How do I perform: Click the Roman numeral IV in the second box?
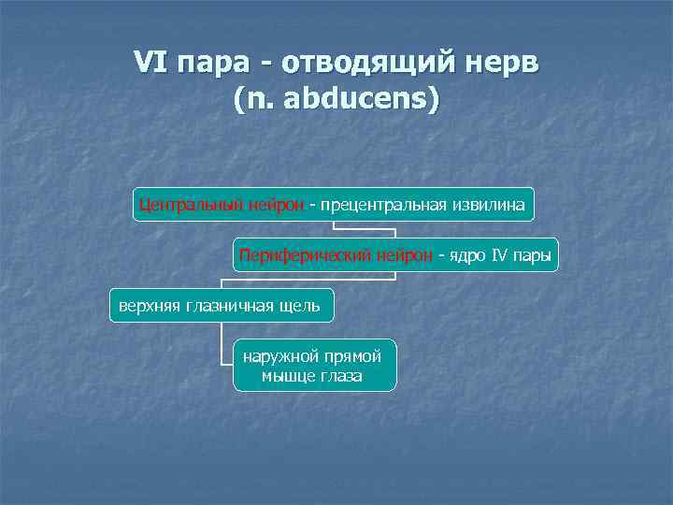pos(500,253)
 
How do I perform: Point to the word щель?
pos(300,305)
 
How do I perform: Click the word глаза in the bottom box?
pos(341,376)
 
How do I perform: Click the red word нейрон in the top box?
pos(276,203)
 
